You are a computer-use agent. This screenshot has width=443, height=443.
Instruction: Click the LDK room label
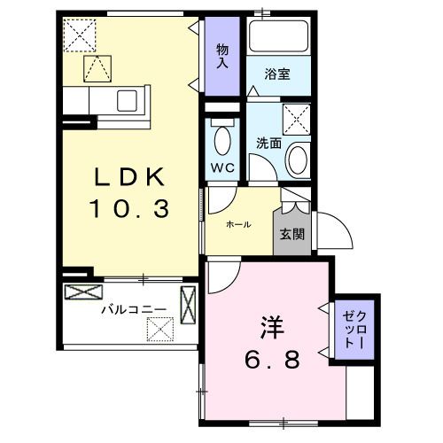click(131, 177)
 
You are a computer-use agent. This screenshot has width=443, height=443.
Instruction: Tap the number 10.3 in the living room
click(131, 210)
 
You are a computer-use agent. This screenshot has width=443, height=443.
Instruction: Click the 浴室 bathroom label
click(279, 75)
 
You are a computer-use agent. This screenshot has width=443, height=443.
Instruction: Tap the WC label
click(221, 167)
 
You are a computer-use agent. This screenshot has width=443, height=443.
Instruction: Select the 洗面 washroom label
click(268, 142)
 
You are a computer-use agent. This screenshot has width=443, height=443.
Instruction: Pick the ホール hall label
click(238, 224)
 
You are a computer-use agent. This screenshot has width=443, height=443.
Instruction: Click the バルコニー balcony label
click(126, 310)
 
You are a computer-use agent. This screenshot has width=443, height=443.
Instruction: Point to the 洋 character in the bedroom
click(272, 325)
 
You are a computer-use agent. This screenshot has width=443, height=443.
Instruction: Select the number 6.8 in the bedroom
click(272, 359)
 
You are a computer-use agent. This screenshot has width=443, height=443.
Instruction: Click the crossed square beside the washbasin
click(297, 118)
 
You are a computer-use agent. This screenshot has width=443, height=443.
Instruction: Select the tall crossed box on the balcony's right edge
click(189, 304)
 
